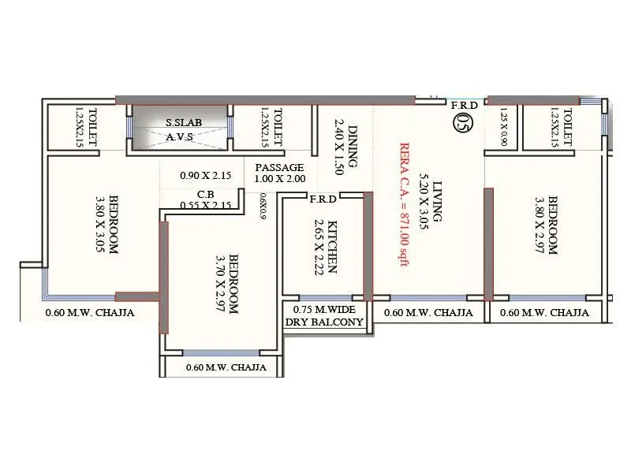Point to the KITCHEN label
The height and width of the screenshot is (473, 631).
tap(334, 246)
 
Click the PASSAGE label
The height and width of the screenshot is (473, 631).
tap(279, 167)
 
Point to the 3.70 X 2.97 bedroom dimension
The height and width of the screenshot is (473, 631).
tap(223, 284)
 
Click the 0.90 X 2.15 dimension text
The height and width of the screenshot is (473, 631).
tap(204, 176)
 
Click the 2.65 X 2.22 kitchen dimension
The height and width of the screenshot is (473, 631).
tap(319, 246)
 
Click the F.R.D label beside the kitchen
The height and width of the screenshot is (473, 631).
tap(323, 199)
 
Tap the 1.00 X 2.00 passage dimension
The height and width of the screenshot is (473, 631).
tap(279, 180)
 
